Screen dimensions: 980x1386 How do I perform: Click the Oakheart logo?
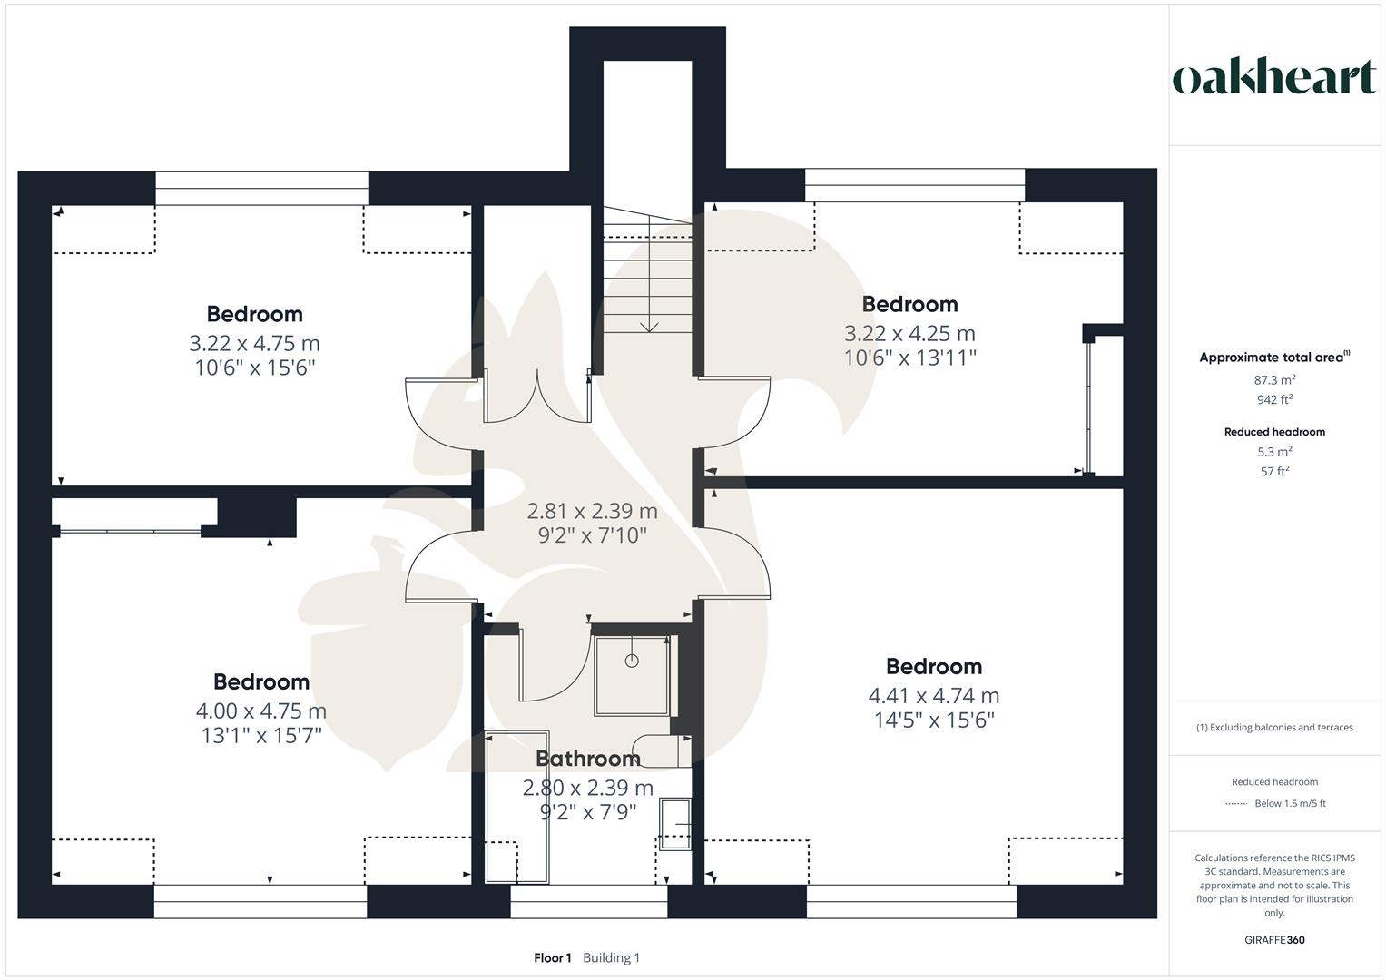[1273, 78]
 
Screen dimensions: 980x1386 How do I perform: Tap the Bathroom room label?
[588, 759]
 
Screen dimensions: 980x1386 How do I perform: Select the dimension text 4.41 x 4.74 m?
[934, 696]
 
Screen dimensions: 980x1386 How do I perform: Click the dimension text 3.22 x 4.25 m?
[909, 333]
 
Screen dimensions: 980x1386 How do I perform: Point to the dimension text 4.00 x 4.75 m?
[261, 711]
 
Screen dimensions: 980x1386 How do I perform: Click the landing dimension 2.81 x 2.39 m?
[593, 511]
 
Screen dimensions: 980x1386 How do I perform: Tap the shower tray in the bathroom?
[632, 676]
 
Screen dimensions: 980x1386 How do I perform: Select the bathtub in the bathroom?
[517, 808]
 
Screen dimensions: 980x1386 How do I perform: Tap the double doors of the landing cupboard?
[537, 397]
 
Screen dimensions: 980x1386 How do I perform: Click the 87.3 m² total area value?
[1274, 380]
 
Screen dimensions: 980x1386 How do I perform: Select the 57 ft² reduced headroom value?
[1274, 471]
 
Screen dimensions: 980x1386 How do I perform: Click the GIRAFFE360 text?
[1274, 940]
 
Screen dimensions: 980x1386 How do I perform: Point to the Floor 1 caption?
[552, 957]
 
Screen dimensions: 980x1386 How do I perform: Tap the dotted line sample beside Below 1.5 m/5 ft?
[1235, 803]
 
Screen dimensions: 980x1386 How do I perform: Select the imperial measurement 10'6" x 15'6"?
[254, 367]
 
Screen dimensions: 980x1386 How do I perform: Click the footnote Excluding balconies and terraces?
[1274, 727]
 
